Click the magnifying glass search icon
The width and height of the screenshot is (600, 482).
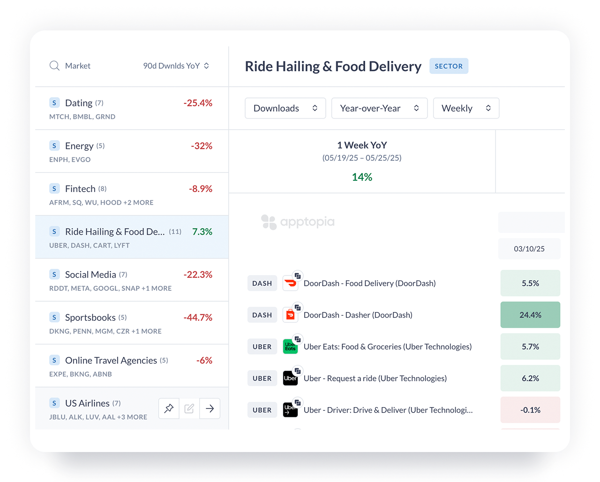pos(54,66)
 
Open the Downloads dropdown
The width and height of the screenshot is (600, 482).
pos(285,108)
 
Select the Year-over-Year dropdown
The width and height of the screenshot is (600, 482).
pos(379,108)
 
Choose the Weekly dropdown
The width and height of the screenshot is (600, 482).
pos(466,108)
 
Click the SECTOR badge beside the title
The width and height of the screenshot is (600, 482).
pos(449,66)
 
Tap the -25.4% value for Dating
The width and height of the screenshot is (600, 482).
pos(198,103)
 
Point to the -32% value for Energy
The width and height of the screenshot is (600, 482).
pos(202,146)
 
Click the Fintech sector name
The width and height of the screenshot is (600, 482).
pos(80,189)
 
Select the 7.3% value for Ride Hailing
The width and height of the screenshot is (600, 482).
pos(202,232)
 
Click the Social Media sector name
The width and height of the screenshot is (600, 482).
pos(90,274)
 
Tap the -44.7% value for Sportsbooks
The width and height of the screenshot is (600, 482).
pos(198,318)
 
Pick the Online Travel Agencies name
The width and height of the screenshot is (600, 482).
pos(111,360)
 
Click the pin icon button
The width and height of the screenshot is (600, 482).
pos(169,408)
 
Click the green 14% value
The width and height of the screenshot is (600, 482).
pos(362,177)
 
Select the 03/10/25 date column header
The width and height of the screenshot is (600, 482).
pos(529,249)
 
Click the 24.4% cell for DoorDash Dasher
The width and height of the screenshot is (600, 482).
pos(530,315)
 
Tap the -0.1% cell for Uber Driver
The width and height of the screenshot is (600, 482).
pos(530,410)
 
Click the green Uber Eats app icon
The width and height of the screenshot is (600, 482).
pos(290,347)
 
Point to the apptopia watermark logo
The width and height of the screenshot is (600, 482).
pos(298,222)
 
